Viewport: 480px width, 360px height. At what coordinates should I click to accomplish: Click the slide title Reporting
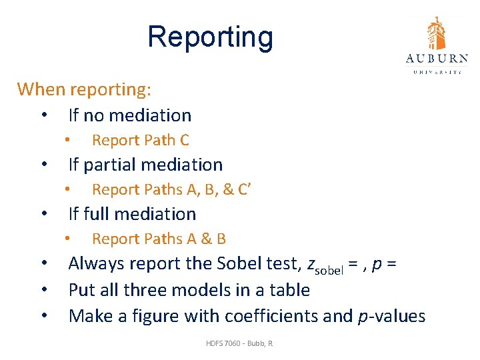tap(210, 37)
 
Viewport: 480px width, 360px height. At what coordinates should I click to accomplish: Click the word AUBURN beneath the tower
tap(436, 59)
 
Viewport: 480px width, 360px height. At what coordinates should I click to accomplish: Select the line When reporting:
tap(84, 89)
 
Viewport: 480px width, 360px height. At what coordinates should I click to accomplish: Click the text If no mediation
tap(129, 115)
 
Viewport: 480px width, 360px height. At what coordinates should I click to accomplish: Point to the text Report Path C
tap(140, 140)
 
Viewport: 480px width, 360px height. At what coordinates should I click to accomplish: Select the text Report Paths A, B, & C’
tap(171, 189)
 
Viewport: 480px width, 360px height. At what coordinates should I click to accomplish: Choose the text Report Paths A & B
tap(159, 239)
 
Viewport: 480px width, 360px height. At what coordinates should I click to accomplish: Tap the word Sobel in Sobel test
tap(239, 263)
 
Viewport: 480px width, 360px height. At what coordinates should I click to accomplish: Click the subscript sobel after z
tap(326, 268)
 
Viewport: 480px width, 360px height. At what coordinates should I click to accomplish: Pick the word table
tap(291, 290)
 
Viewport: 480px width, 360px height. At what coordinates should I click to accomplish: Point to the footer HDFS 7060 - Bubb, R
tap(240, 343)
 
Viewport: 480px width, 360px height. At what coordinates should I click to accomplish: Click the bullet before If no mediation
tap(43, 115)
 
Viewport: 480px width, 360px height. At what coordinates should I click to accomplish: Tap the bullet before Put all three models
tap(43, 290)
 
